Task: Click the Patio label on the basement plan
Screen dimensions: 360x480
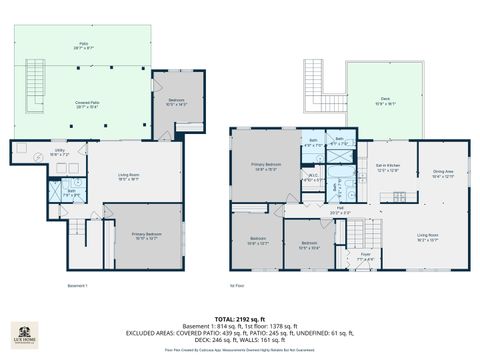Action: [x=83, y=46]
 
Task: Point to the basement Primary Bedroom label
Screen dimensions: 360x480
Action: [x=146, y=237]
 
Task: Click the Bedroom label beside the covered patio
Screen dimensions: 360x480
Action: [x=176, y=101]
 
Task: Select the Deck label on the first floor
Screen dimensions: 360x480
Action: [x=385, y=100]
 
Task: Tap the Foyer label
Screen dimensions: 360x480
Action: [x=366, y=256]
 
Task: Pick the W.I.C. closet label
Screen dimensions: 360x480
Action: [x=313, y=178]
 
